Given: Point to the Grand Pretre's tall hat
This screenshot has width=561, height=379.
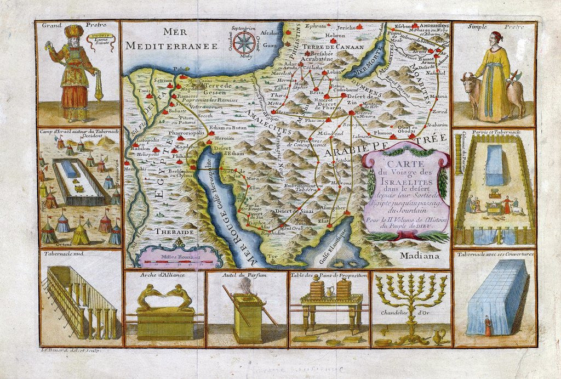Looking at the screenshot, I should click(x=72, y=32).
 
